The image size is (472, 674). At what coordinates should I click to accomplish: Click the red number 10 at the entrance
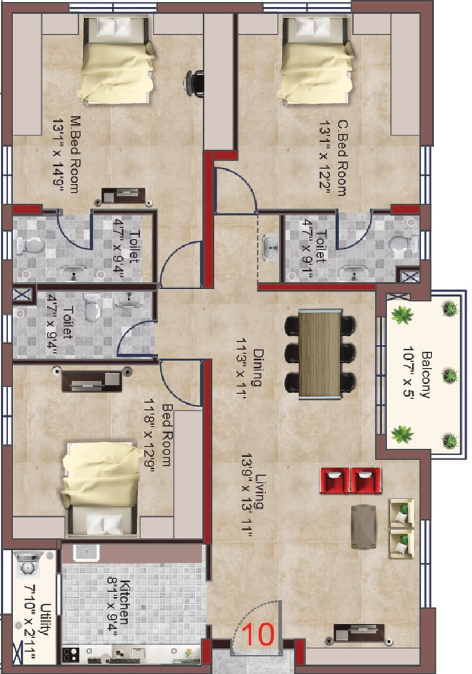point(258,634)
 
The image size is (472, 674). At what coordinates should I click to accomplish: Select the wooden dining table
point(319,354)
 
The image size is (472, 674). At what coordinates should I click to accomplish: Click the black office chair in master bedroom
point(195,82)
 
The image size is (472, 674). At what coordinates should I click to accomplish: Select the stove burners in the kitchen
point(70,655)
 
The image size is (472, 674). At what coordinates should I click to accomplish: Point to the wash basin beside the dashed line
point(269,248)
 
